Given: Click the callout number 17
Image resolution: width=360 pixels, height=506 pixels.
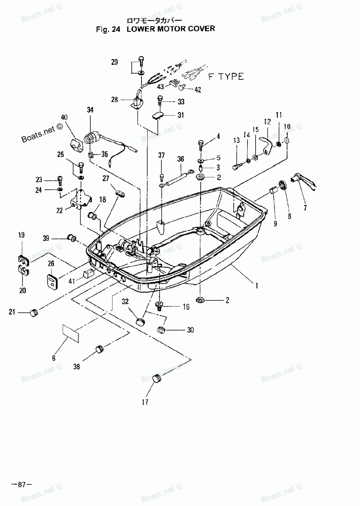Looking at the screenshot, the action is [145, 402].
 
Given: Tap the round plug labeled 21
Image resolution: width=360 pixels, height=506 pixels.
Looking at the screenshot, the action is [34, 313].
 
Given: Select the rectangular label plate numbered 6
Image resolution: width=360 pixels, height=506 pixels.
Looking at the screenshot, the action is [71, 333].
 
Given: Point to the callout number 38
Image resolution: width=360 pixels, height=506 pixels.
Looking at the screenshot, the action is [77, 367].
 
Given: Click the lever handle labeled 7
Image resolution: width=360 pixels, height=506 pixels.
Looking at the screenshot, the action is [304, 183].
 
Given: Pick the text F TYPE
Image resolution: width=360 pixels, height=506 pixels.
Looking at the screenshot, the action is [226, 77].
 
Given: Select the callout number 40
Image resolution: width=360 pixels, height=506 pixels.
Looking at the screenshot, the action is [64, 117].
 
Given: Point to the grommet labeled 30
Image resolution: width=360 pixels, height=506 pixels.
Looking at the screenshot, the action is [161, 330].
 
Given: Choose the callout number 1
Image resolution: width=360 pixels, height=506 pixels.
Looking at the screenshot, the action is [257, 286].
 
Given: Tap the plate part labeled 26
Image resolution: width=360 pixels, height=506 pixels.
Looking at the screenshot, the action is [53, 281].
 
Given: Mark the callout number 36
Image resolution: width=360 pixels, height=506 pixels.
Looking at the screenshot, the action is [181, 159].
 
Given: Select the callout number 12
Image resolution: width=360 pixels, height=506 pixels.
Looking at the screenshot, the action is [267, 122].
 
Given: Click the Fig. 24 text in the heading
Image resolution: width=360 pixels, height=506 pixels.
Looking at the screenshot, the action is [108, 30].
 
